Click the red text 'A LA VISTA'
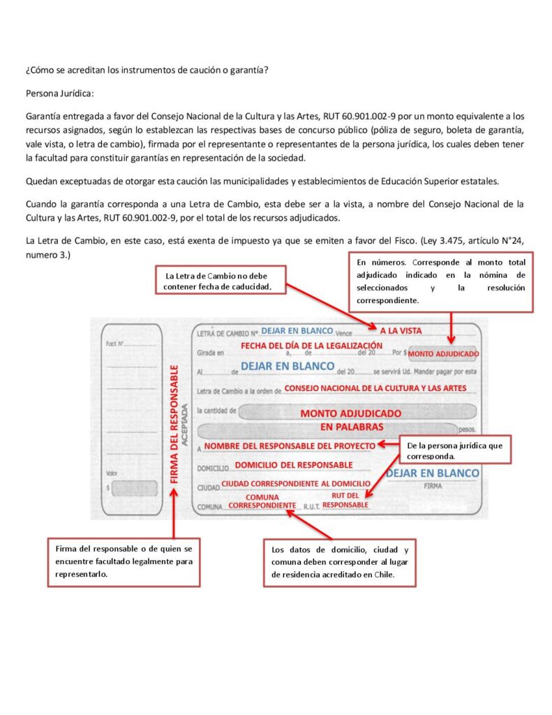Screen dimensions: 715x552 tap(401, 330)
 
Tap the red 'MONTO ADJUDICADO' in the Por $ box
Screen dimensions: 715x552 tap(444, 353)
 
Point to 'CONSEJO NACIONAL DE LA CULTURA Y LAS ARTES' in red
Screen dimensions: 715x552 tap(375, 388)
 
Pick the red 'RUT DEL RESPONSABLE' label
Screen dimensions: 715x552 tap(345, 500)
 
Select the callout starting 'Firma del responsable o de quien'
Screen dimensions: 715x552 tap(124, 561)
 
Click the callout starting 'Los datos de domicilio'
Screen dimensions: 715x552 tap(339, 562)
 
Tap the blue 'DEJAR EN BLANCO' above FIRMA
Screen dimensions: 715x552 tap(433, 473)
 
